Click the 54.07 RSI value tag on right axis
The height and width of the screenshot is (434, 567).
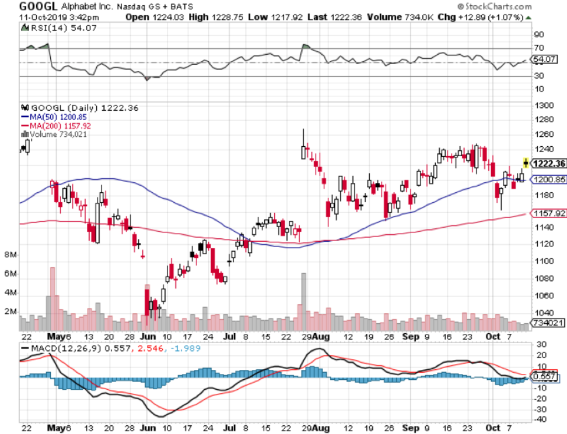pyautogui.click(x=546, y=59)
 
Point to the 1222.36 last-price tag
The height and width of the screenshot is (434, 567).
pyautogui.click(x=548, y=164)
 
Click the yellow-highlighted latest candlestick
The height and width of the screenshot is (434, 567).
pyautogui.click(x=526, y=163)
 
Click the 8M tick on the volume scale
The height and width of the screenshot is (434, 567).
pyautogui.click(x=10, y=255)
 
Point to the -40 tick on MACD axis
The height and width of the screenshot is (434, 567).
pyautogui.click(x=541, y=419)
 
